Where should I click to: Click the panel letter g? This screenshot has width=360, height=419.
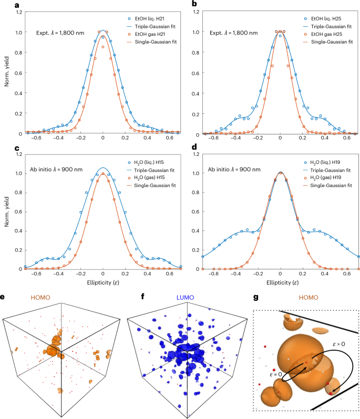255,297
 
